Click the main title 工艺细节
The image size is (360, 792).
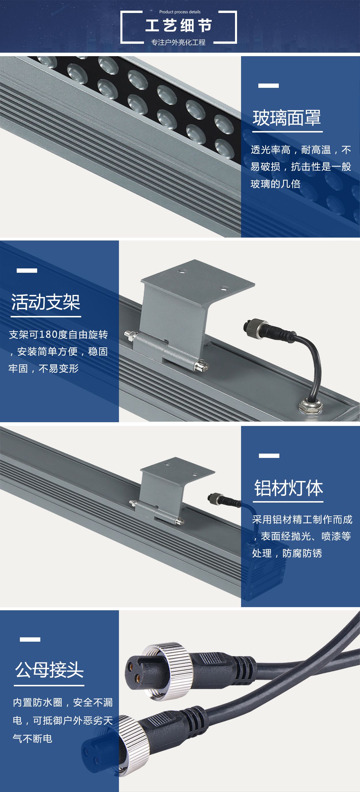[179, 26]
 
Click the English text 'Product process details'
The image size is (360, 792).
[180, 12]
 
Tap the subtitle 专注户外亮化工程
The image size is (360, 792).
[178, 42]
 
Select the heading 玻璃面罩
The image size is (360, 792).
[287, 118]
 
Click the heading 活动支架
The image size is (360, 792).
[46, 302]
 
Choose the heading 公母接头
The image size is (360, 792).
[50, 670]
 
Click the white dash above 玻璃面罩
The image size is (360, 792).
[268, 86]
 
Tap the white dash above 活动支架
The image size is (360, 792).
[27, 270]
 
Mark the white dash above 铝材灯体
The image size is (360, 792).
[269, 456]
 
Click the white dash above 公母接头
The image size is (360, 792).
[30, 639]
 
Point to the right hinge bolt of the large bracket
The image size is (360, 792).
[201, 365]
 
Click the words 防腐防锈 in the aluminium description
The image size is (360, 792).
[302, 554]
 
